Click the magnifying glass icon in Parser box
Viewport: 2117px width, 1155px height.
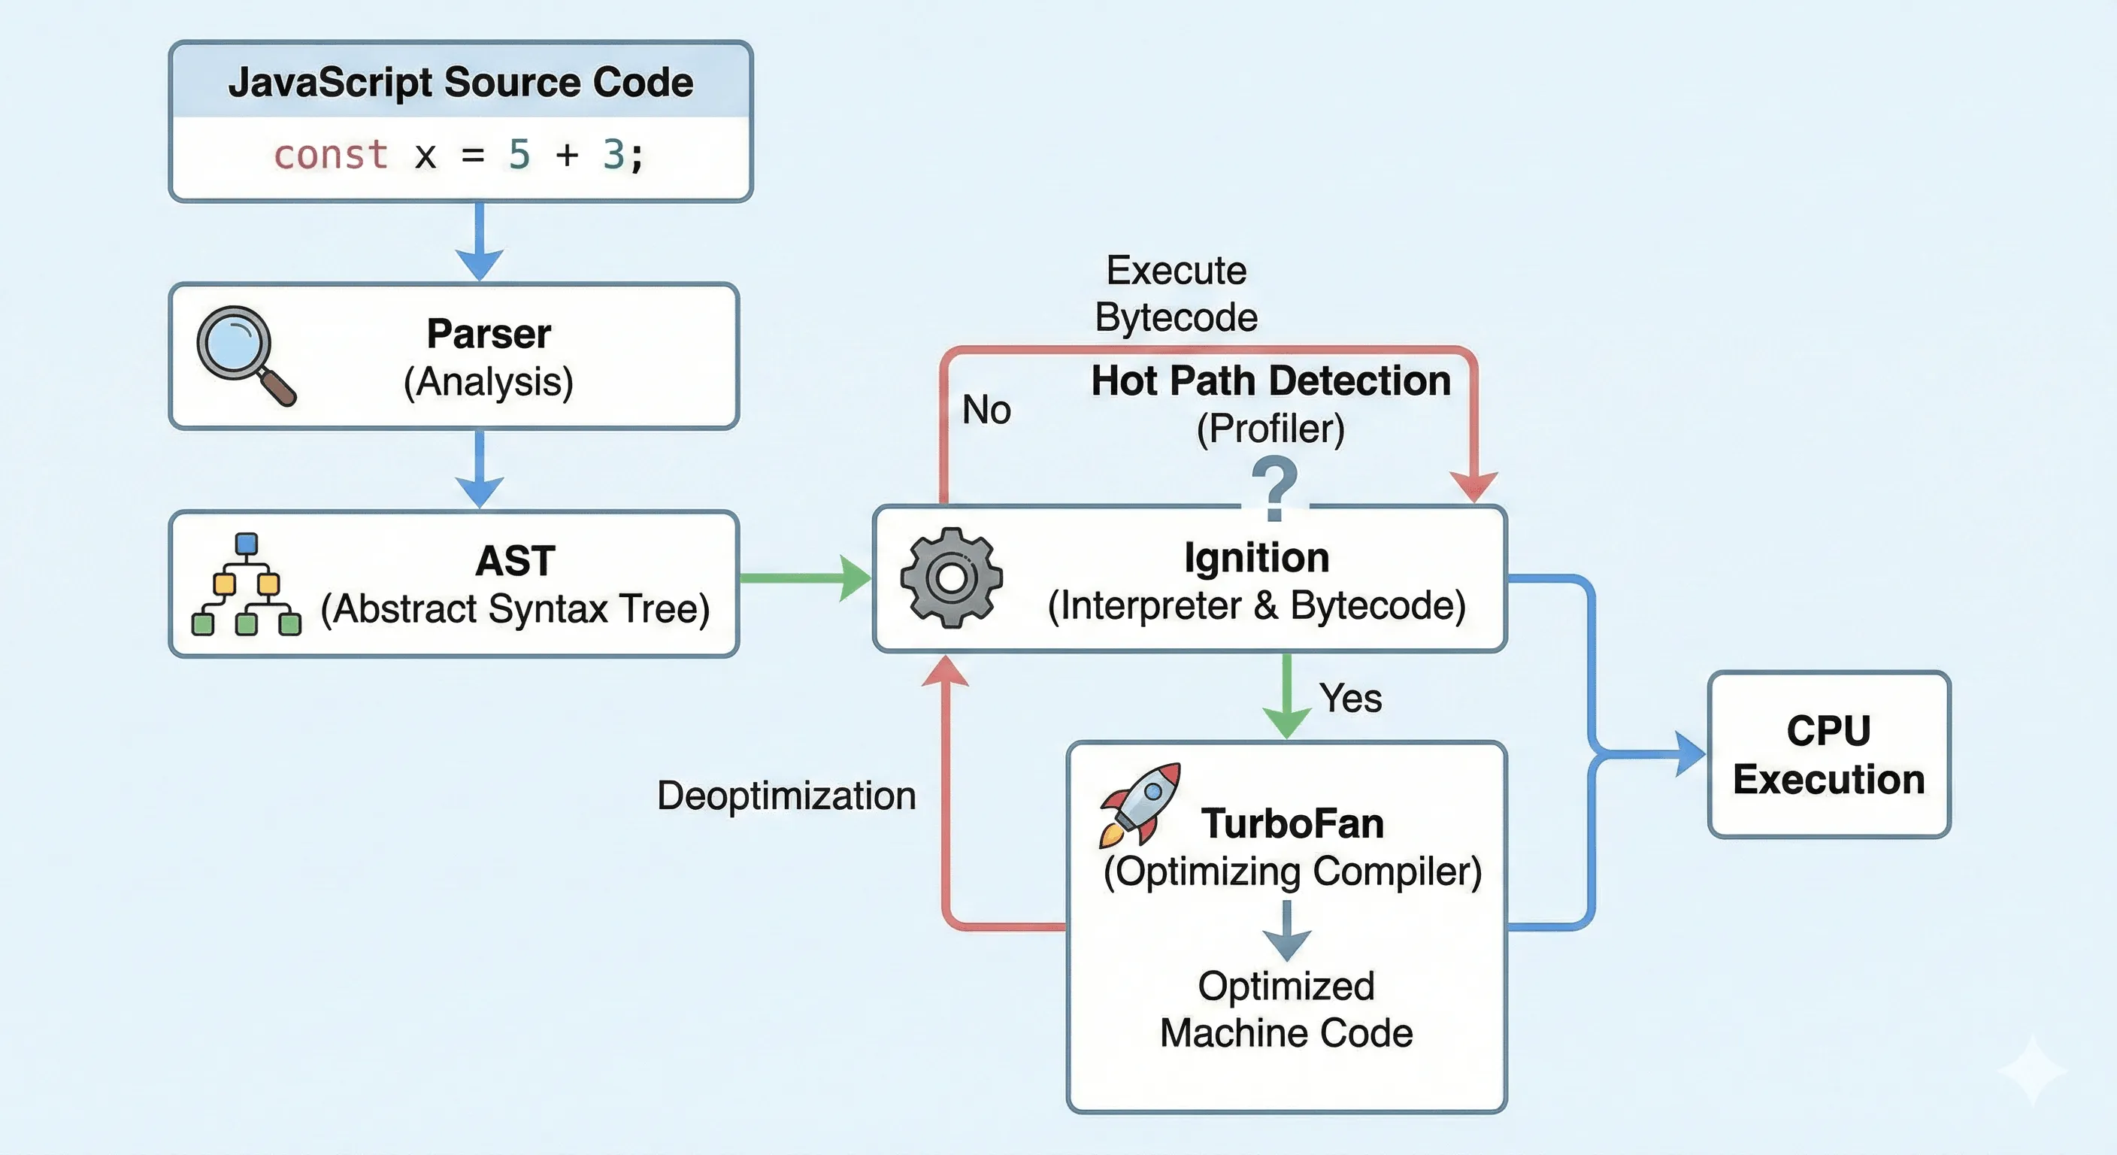tap(244, 354)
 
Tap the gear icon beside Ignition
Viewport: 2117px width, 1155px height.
tap(952, 578)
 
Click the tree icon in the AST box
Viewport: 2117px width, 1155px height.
tap(246, 585)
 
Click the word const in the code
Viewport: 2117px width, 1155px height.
tap(330, 156)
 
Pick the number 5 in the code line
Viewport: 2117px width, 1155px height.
tap(519, 156)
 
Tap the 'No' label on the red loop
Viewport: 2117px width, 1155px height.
tap(986, 409)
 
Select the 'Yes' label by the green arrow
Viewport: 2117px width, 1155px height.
tap(1350, 699)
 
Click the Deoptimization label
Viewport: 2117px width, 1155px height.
tap(786, 796)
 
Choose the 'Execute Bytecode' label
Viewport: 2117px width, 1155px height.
tap(1176, 293)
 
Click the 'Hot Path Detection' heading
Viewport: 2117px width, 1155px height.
tap(1271, 381)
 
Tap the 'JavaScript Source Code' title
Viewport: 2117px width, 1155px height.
tap(460, 82)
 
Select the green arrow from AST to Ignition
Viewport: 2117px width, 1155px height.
tap(805, 578)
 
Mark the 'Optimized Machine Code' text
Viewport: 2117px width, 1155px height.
tap(1286, 1009)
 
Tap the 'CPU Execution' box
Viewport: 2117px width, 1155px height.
tap(1828, 755)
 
